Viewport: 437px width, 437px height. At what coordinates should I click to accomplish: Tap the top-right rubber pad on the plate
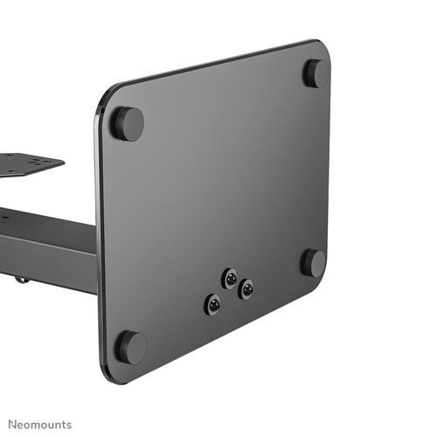(x=316, y=73)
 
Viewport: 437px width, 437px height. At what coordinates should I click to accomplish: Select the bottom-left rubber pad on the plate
(x=131, y=347)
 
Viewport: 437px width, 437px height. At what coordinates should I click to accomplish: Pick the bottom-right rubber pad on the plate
(x=313, y=262)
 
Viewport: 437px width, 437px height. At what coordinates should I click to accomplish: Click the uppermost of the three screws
(x=230, y=278)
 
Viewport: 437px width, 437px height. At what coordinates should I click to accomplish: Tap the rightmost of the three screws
(x=246, y=288)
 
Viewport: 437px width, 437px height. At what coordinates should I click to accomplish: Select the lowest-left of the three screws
(x=212, y=304)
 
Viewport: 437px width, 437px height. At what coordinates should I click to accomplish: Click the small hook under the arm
(x=20, y=279)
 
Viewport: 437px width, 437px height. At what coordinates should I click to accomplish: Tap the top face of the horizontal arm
(x=44, y=223)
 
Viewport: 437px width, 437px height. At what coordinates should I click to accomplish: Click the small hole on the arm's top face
(x=7, y=210)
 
